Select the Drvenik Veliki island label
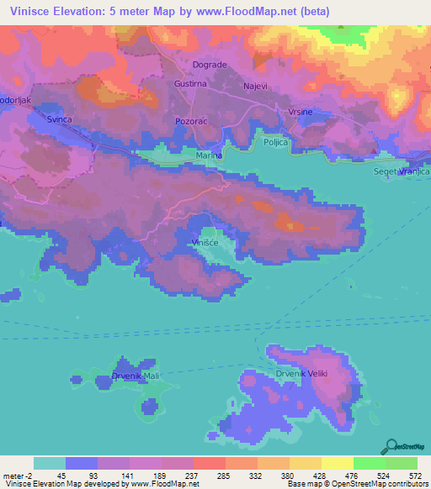(x=295, y=373)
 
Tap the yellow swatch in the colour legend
(x=338, y=463)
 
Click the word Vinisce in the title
(x=28, y=11)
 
